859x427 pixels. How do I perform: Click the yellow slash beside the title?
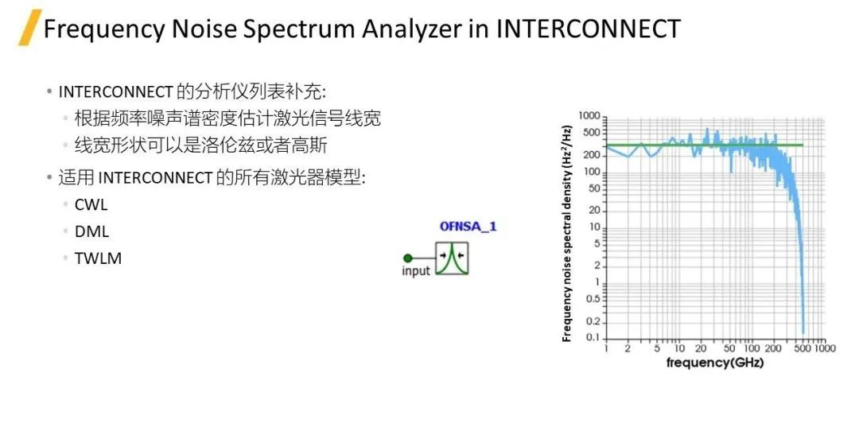(29, 28)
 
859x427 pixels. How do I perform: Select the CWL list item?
(91, 204)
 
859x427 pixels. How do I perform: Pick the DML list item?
(92, 231)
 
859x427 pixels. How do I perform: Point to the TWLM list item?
(98, 258)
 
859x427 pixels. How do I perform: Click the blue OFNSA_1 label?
(468, 226)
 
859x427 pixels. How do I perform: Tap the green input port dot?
(407, 258)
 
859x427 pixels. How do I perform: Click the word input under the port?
(416, 271)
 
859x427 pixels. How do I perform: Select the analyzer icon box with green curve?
(452, 258)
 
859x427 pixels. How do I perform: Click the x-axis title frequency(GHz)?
(714, 362)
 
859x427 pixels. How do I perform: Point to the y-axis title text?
(567, 234)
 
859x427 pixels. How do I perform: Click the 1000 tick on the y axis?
(589, 116)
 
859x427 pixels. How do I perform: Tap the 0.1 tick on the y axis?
(593, 337)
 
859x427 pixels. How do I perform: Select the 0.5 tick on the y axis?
(593, 299)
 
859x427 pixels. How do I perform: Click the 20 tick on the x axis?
(701, 349)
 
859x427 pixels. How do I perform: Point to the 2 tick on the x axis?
(628, 349)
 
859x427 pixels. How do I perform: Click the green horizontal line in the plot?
(705, 145)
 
